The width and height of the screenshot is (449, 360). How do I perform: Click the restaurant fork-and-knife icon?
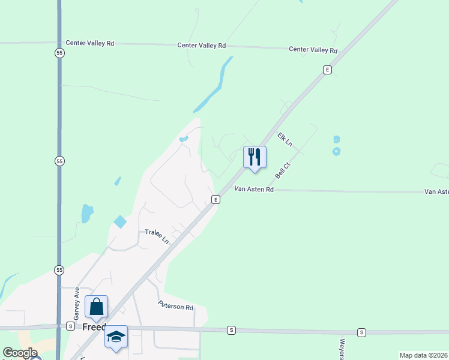(255, 157)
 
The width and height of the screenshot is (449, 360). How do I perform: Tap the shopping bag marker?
(96, 307)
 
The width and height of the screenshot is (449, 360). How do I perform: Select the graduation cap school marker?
(116, 337)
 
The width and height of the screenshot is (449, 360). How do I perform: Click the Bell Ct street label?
(283, 170)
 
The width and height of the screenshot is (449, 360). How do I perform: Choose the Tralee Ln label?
(157, 236)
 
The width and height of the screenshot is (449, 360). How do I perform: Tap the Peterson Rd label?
(176, 306)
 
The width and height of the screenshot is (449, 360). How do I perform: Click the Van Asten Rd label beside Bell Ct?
(253, 190)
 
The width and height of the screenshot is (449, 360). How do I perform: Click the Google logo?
(20, 353)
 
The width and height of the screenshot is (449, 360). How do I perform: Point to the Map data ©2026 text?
(423, 355)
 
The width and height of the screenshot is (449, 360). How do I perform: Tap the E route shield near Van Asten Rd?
(214, 199)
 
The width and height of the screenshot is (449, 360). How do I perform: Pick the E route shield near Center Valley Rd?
(327, 70)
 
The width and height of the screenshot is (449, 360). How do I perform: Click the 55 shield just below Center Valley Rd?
(59, 53)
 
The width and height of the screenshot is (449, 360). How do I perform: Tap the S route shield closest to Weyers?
(361, 332)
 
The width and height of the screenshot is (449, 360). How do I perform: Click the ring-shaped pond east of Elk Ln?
(336, 151)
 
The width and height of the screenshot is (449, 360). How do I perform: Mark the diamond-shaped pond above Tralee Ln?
(120, 221)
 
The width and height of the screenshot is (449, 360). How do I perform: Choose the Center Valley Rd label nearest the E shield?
(313, 50)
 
